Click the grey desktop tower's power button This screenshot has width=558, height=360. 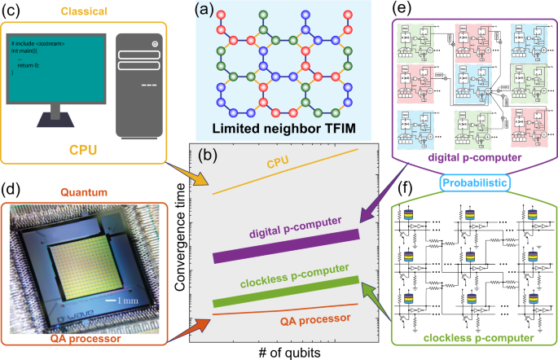[x=153, y=42]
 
